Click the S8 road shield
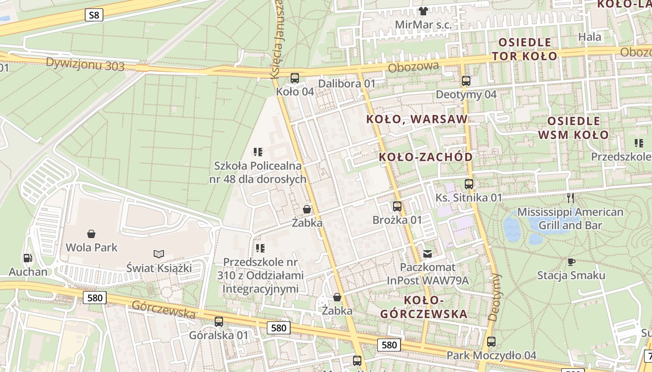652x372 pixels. point(94,15)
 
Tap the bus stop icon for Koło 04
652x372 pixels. point(294,78)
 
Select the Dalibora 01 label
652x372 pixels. point(346,84)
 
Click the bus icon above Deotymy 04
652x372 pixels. point(466,81)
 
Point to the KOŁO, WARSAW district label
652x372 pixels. point(416,119)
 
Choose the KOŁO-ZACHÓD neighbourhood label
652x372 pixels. point(426,157)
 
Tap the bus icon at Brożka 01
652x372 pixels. point(397,206)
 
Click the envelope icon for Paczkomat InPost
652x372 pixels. point(427,254)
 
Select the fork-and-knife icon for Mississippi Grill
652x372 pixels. point(570,198)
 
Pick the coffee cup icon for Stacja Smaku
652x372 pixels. point(571,261)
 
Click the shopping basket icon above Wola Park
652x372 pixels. point(91,233)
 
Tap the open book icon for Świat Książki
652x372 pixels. point(159,254)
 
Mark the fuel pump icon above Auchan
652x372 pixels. point(27,258)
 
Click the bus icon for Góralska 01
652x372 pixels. point(218,321)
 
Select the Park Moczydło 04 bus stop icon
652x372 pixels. point(491,342)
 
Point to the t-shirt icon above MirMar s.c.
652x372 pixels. point(423,11)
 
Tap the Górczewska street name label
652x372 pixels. point(163,309)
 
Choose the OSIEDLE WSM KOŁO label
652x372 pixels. point(573,128)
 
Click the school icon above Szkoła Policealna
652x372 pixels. point(258,152)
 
